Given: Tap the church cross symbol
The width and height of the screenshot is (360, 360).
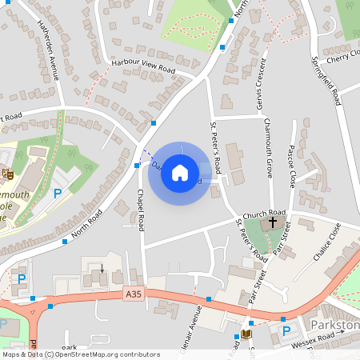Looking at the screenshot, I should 274,222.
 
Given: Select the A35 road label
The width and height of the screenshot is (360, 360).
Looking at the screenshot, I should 134,295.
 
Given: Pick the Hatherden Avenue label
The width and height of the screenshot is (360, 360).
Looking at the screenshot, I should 49,50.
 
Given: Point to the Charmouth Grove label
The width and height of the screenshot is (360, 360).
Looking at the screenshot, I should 270,148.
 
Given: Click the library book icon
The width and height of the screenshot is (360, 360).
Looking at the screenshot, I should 246,334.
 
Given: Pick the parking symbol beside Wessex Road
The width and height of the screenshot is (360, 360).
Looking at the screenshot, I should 286,330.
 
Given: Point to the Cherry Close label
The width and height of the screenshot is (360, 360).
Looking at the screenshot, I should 342,58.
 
